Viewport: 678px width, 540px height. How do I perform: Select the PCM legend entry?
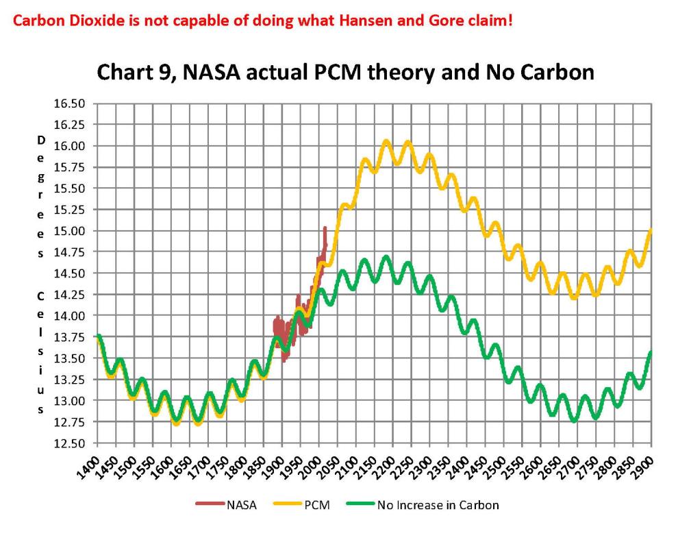(x=317, y=506)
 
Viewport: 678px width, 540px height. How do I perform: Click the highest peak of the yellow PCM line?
(x=386, y=141)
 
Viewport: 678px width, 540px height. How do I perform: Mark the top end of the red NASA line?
(x=325, y=228)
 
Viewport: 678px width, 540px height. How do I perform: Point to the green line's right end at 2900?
(x=650, y=352)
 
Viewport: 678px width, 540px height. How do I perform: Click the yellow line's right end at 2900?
(x=650, y=230)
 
